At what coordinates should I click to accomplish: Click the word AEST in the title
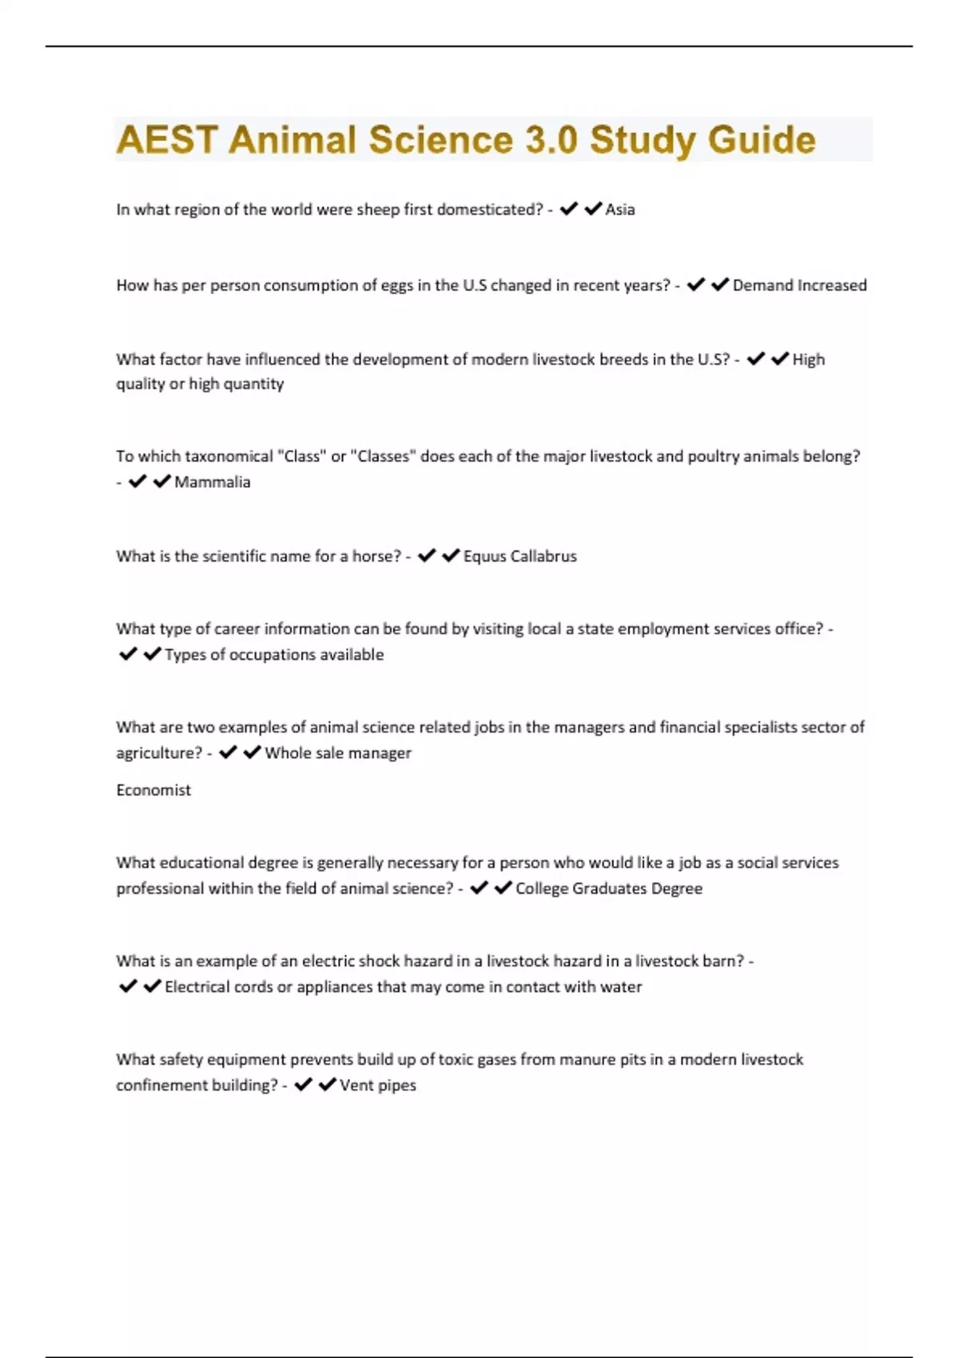[x=166, y=140]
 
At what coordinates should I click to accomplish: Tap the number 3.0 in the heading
[x=551, y=140]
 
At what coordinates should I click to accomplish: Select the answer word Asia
[x=620, y=209]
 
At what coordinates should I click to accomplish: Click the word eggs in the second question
[x=396, y=285]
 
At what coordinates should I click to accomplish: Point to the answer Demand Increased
[x=799, y=285]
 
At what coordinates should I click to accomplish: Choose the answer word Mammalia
[x=213, y=482]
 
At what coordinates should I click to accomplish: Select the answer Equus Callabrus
[x=519, y=556]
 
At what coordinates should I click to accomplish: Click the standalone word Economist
[x=153, y=790]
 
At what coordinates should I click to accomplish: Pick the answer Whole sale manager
[x=338, y=752]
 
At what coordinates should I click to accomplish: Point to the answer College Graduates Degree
[x=609, y=888]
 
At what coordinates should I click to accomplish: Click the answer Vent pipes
[x=378, y=1085]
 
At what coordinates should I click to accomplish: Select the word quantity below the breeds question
[x=253, y=383]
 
